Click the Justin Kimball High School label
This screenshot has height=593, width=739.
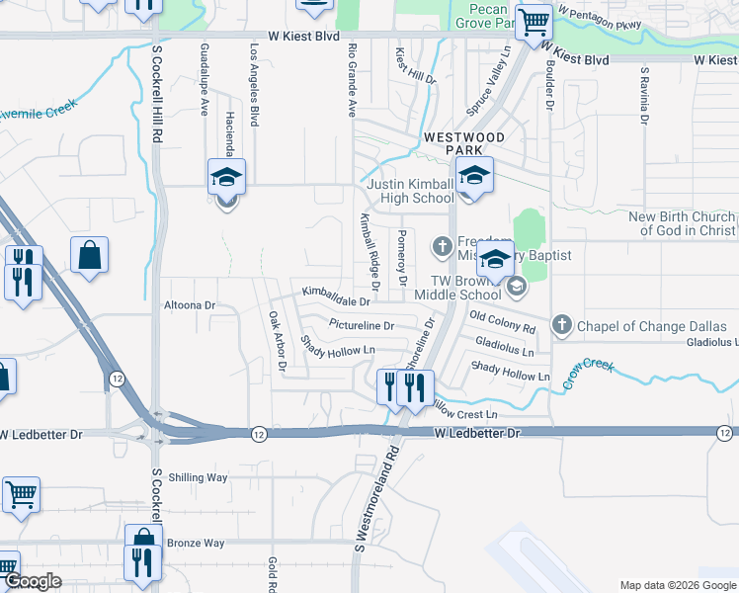click(x=410, y=191)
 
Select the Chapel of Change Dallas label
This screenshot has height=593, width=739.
click(x=651, y=326)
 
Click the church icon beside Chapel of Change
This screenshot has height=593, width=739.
click(x=562, y=324)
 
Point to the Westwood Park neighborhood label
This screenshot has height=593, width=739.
click(x=464, y=143)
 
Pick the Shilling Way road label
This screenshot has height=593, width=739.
click(x=198, y=477)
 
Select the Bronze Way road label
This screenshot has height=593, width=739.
click(x=196, y=543)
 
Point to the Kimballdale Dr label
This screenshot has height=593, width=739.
click(x=336, y=296)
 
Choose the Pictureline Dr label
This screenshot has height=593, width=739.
click(x=361, y=325)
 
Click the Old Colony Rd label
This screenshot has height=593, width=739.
click(x=502, y=321)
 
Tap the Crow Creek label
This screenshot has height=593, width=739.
click(x=590, y=375)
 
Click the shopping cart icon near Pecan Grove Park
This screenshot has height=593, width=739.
click(x=534, y=20)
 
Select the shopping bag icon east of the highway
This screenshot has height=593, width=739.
click(x=89, y=255)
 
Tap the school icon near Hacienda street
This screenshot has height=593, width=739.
click(x=226, y=178)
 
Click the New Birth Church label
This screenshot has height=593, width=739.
click(x=682, y=223)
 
